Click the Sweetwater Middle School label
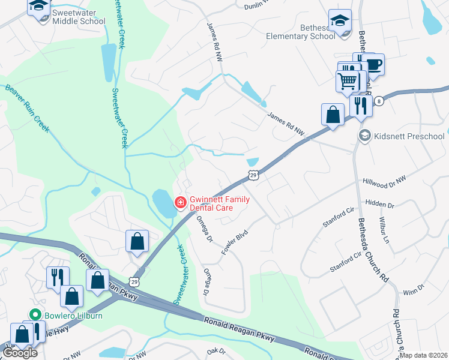(79, 17)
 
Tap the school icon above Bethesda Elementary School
(340, 20)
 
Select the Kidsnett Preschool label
(408, 136)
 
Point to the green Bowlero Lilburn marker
(35, 314)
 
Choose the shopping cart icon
(348, 80)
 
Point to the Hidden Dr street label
(379, 205)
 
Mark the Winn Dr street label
(413, 290)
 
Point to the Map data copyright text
(424, 355)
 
